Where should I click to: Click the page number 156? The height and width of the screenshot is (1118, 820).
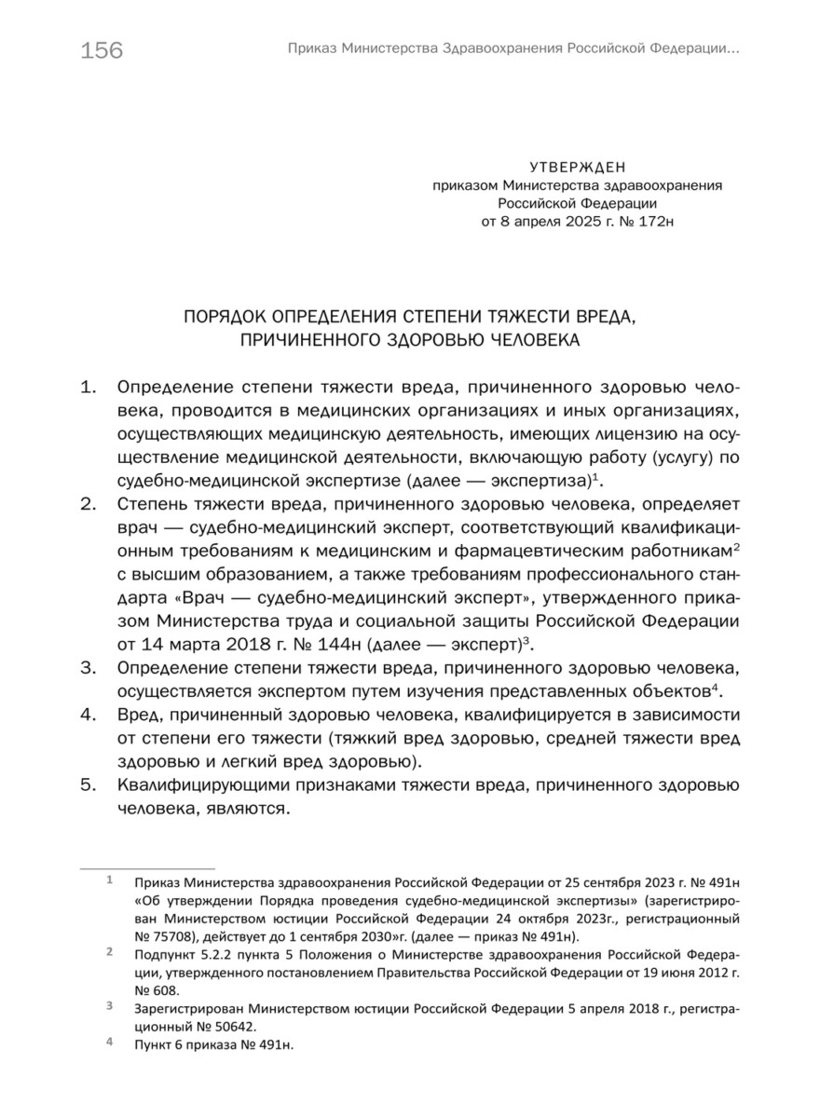102,50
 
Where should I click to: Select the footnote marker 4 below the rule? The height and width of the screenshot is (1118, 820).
109,1043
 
